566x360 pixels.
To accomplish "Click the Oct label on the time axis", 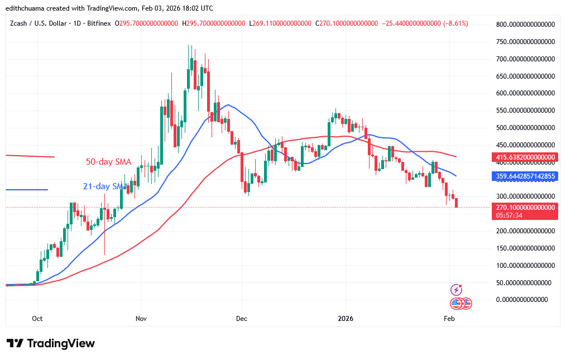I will [x=37, y=318].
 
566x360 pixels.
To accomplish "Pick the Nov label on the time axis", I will [x=141, y=318].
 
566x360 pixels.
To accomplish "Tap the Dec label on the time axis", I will [x=242, y=318].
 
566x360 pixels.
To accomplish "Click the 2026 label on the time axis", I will [x=346, y=318].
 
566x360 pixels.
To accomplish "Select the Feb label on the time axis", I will [x=449, y=318].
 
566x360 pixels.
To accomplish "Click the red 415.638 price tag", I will [x=525, y=159].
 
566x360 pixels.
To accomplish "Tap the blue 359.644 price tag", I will [x=525, y=176].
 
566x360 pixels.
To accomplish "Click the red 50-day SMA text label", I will [x=108, y=162].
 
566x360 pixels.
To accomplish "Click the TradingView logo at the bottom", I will [x=51, y=343].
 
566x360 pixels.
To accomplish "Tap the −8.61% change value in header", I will [x=453, y=23].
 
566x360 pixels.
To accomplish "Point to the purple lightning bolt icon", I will [x=457, y=290].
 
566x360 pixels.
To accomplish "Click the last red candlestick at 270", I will [x=457, y=203].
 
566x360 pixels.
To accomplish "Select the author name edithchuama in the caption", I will [x=27, y=8].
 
